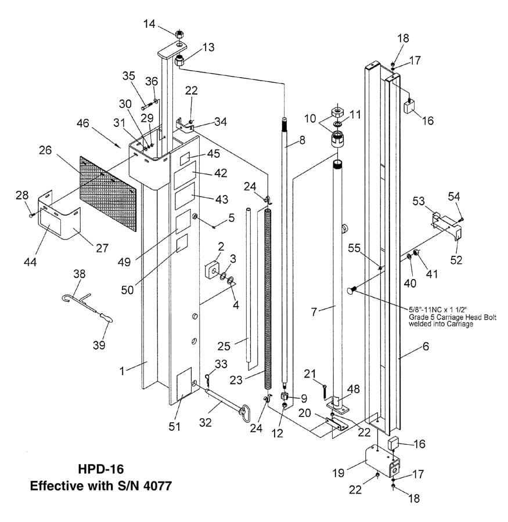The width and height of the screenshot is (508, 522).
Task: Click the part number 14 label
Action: click(149, 24)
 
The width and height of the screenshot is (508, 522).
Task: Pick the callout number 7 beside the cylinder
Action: click(315, 311)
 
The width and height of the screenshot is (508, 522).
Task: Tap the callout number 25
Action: click(224, 346)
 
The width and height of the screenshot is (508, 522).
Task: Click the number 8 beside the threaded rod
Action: click(302, 140)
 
